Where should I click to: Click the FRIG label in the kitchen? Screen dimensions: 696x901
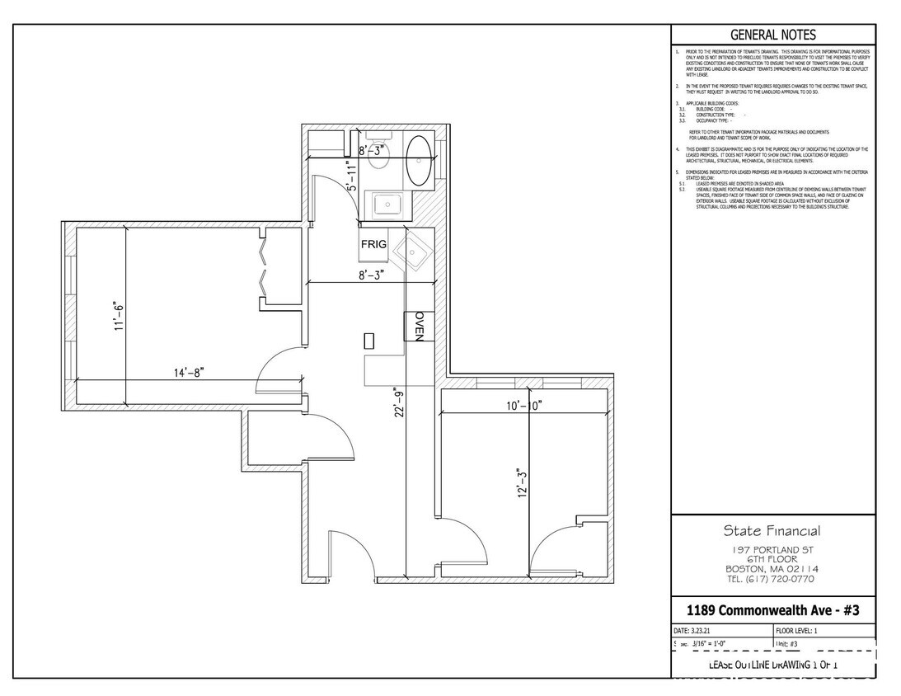point(373,244)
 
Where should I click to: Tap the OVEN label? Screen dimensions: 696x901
point(418,327)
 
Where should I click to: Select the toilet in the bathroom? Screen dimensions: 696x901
point(378,153)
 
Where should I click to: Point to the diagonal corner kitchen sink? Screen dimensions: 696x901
point(410,252)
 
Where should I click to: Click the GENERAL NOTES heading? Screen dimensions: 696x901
point(772,35)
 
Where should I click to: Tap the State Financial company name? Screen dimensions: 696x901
point(772,530)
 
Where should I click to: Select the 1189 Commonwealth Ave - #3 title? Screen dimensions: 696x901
point(772,610)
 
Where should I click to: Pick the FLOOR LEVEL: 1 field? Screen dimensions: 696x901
point(803,629)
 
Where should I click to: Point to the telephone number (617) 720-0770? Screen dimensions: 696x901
point(772,579)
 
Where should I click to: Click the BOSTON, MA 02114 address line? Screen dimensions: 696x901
point(772,569)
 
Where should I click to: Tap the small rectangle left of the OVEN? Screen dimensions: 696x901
point(369,340)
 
